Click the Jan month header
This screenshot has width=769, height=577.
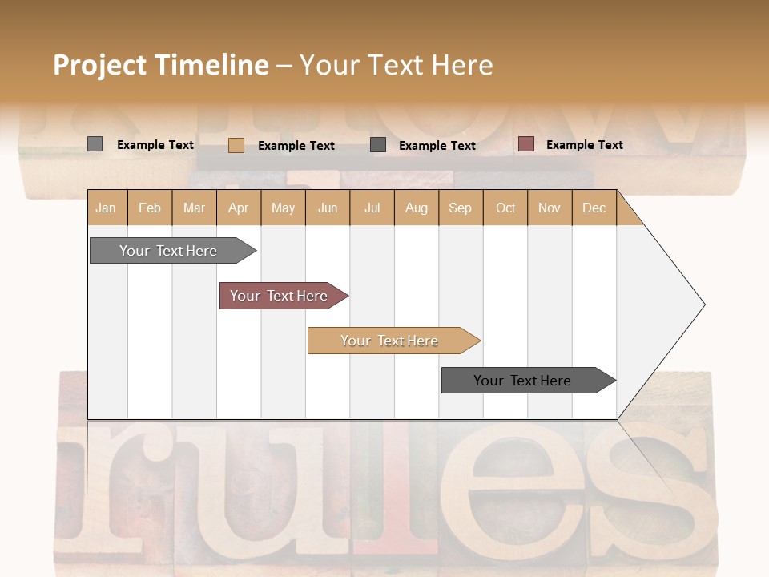107,208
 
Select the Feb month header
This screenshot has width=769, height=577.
150,208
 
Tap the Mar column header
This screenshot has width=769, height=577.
194,208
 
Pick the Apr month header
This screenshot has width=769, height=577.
239,208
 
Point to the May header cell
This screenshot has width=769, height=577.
283,208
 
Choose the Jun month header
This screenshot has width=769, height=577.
328,208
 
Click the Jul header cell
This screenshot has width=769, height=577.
372,208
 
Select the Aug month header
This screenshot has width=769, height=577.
417,208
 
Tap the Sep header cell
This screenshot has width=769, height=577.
461,208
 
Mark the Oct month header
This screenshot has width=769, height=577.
505,208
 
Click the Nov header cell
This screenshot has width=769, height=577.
550,208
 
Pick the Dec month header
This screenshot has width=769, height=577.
594,208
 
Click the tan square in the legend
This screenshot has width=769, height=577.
236,145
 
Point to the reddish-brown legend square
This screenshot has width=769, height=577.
526,144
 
